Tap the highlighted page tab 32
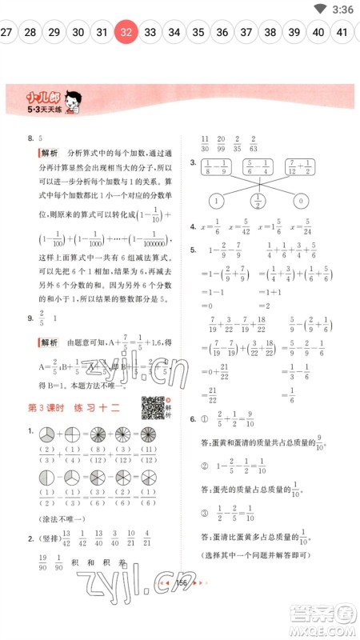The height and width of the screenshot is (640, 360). (126, 32)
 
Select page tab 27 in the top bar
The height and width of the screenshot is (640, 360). (6, 32)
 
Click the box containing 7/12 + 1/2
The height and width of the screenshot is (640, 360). (302, 168)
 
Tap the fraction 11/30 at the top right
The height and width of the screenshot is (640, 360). (206, 142)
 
